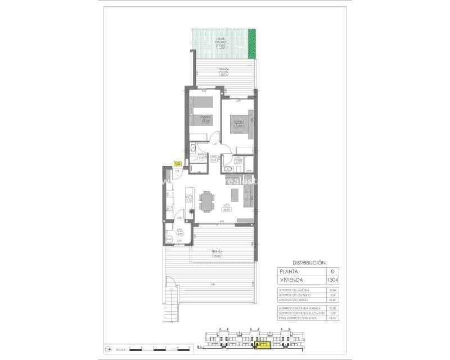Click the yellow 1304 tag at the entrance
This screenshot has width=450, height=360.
pyautogui.click(x=177, y=163)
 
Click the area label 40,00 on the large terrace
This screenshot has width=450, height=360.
pyautogui.click(x=217, y=255)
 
